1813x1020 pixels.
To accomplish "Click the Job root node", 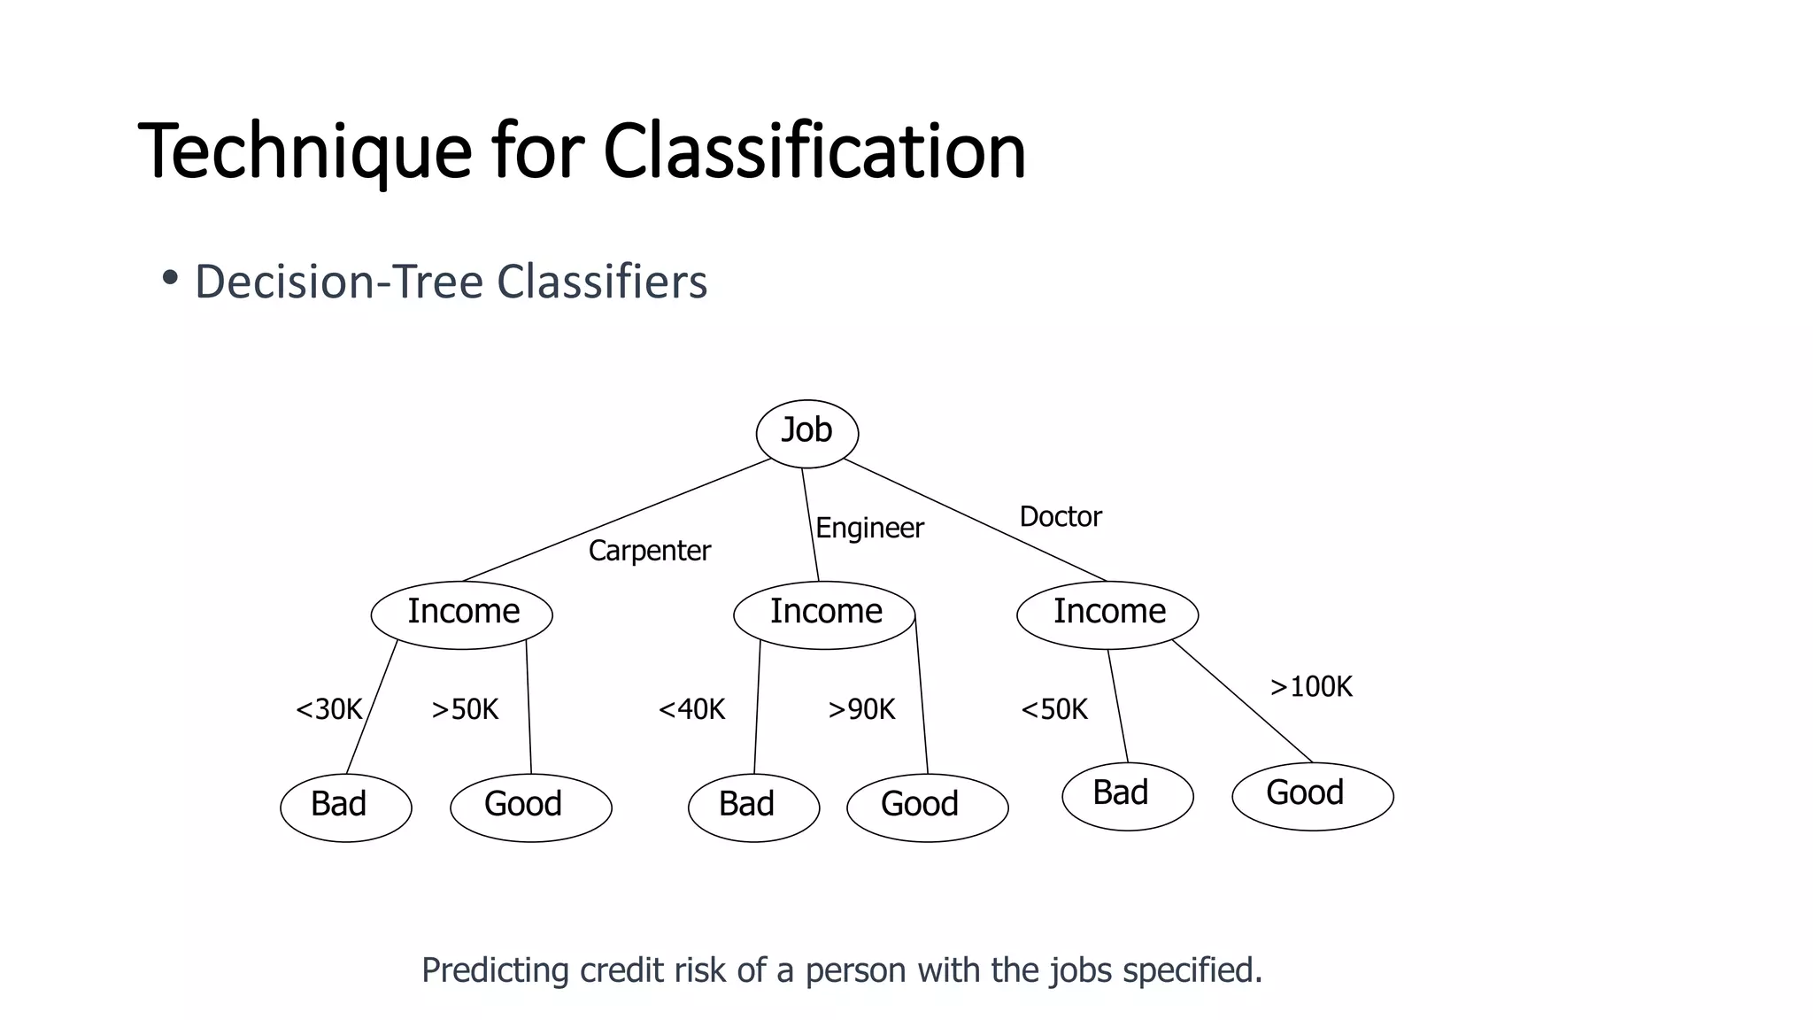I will [x=806, y=433].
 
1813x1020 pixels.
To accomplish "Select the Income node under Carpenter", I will [x=462, y=614].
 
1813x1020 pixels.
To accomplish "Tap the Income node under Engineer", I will [x=824, y=614].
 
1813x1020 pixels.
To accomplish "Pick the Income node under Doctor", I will [x=1107, y=614].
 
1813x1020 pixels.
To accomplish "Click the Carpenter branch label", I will [x=649, y=551].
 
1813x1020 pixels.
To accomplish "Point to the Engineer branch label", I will [x=869, y=529].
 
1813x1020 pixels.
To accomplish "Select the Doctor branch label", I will [x=1061, y=516].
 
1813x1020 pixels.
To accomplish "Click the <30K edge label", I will [x=329, y=709].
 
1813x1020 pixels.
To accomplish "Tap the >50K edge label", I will [x=465, y=709].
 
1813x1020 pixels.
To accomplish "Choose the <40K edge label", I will [x=691, y=709].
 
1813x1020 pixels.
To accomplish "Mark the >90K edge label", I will [x=861, y=709].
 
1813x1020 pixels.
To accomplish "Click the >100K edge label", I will [x=1311, y=687].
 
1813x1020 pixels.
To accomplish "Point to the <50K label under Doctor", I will [x=1054, y=709].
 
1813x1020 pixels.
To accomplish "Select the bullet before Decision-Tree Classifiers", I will [x=170, y=279].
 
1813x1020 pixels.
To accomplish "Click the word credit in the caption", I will [x=623, y=970].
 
